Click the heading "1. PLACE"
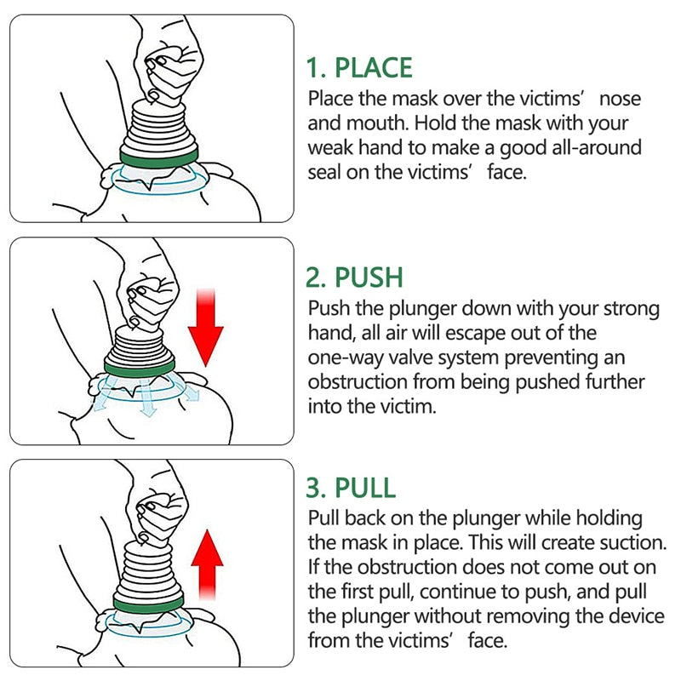359,67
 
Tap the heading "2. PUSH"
354,278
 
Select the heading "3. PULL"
351,488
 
